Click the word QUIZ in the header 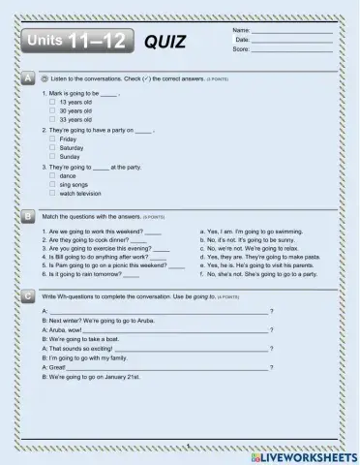165,43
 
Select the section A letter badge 28,77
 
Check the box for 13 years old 52,102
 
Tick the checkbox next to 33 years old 52,119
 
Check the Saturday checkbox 52,147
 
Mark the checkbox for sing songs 52,183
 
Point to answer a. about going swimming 252,232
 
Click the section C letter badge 28,295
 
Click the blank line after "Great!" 169,367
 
